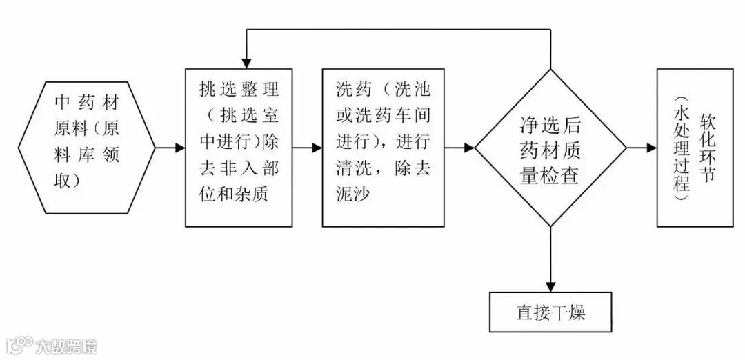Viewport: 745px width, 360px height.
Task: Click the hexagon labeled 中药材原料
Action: (87, 147)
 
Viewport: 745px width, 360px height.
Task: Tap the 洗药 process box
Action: (383, 147)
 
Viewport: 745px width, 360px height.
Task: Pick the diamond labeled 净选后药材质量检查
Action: (550, 148)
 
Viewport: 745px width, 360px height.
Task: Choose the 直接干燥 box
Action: (550, 312)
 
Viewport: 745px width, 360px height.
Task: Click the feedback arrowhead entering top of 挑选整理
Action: (245, 63)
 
